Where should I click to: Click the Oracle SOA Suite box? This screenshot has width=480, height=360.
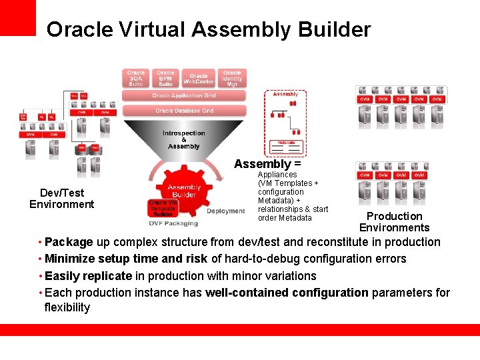pyautogui.click(x=136, y=78)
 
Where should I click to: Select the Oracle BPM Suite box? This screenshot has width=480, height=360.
pyautogui.click(x=166, y=78)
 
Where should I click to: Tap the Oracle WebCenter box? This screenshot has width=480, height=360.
pyautogui.click(x=198, y=79)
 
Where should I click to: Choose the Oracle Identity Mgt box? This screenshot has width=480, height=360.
pyautogui.click(x=232, y=78)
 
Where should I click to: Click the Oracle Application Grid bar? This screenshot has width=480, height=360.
pyautogui.click(x=184, y=96)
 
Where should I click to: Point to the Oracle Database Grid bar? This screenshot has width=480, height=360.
pyautogui.click(x=184, y=111)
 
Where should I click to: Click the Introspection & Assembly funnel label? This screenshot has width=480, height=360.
pyautogui.click(x=184, y=140)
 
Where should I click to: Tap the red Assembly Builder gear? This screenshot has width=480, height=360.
pyautogui.click(x=184, y=191)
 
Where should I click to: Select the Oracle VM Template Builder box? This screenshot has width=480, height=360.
pyautogui.click(x=163, y=208)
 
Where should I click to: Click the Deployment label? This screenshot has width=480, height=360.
pyautogui.click(x=225, y=211)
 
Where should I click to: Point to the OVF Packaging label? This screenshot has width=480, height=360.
pyautogui.click(x=173, y=224)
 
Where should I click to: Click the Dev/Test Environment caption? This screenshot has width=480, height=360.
pyautogui.click(x=62, y=199)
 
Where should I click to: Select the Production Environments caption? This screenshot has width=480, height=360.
pyautogui.click(x=394, y=222)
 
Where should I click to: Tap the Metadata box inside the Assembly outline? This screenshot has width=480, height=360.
pyautogui.click(x=286, y=143)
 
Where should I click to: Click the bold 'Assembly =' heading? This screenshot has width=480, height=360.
pyautogui.click(x=267, y=164)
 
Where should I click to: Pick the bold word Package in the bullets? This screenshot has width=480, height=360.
pyautogui.click(x=69, y=242)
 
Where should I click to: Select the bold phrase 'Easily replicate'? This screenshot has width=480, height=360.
pyautogui.click(x=88, y=275)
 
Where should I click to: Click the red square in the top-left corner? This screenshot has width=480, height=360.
pyautogui.click(x=17, y=17)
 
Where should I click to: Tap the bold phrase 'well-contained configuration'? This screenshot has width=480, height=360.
pyautogui.click(x=287, y=292)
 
